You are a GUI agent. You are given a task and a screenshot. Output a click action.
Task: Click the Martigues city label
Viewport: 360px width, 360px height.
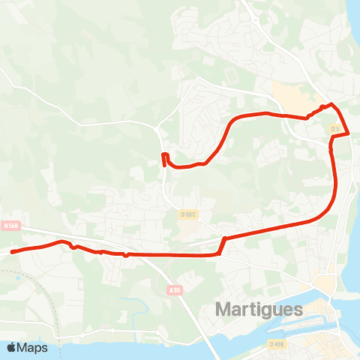click(x=259, y=309)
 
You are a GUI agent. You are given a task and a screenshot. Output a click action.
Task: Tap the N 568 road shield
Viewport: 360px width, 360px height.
click(x=10, y=224)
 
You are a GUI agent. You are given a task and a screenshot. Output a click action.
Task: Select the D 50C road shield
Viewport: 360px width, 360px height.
click(x=187, y=214)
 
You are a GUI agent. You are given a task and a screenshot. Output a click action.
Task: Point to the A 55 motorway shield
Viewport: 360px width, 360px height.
click(x=175, y=289)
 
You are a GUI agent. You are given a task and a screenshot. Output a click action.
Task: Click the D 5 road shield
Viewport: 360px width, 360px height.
click(x=336, y=129)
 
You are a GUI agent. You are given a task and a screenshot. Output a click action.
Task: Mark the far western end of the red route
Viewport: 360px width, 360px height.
click(x=12, y=251)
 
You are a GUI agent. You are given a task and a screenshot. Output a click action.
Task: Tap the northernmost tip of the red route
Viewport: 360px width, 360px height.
click(x=331, y=104)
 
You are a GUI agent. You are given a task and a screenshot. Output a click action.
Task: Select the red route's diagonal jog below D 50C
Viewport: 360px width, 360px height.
click(x=222, y=245)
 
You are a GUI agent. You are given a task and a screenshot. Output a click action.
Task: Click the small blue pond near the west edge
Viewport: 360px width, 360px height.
click(x=17, y=278)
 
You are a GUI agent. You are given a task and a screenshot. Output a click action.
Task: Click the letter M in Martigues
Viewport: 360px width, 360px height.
click(x=223, y=309)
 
